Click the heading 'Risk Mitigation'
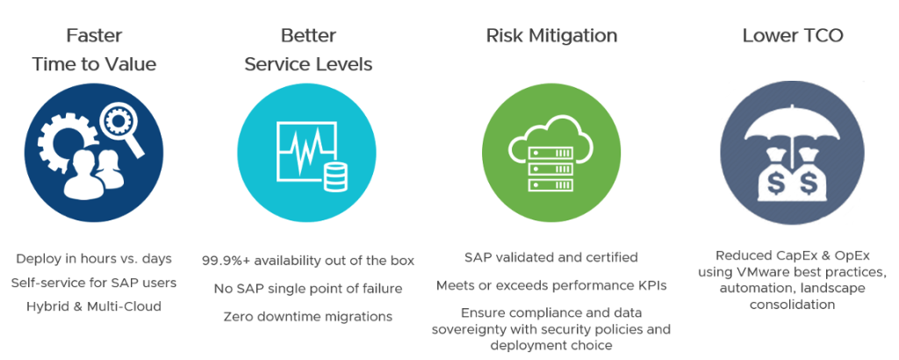[x=551, y=36]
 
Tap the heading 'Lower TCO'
[x=793, y=36]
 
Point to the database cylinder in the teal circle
[x=334, y=176]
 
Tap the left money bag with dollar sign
[x=776, y=174]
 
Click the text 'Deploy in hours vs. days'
[x=94, y=258]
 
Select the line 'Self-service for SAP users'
[x=94, y=283]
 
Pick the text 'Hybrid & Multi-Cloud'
[x=94, y=306]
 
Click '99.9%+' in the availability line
[x=226, y=261]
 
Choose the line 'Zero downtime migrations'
[x=308, y=316]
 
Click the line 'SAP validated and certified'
[x=551, y=256]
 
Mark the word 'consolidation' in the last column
[x=793, y=304]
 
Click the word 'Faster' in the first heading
[x=93, y=35]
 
